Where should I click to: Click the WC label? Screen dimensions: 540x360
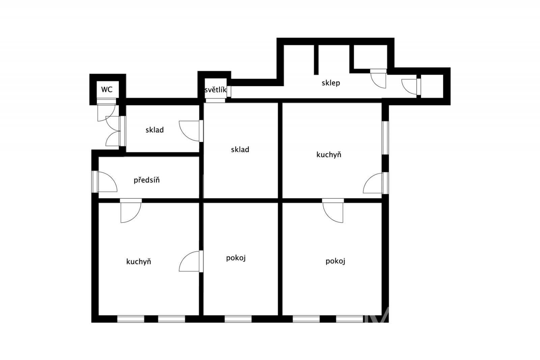(x=107, y=89)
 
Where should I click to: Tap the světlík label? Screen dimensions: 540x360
(x=216, y=90)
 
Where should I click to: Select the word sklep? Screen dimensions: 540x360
(x=331, y=83)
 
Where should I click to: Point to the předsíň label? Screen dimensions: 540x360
(x=146, y=180)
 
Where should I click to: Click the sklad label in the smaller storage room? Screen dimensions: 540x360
(x=155, y=130)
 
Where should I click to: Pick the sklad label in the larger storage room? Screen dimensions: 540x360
(x=240, y=149)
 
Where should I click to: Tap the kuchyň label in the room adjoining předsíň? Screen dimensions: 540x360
(x=139, y=261)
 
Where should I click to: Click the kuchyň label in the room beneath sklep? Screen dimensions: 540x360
(x=329, y=154)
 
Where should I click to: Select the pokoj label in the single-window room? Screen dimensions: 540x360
(x=236, y=258)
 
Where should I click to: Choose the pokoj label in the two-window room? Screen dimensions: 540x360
(x=335, y=261)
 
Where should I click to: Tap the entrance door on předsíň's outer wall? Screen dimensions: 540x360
(x=105, y=182)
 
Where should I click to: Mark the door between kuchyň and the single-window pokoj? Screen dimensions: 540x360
(x=191, y=261)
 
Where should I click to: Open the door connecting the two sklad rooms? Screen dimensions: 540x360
(x=191, y=131)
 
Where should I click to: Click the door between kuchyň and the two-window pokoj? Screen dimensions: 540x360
(x=333, y=210)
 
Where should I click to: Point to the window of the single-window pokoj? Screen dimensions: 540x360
(x=238, y=319)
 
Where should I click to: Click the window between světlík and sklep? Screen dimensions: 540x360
(x=229, y=92)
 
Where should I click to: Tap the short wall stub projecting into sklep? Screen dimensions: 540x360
(x=316, y=59)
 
